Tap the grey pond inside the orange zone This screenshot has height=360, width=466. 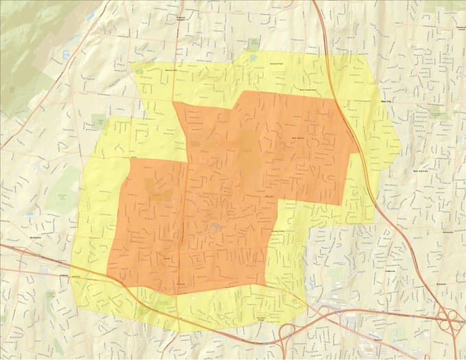pyautogui.click(x=216, y=226)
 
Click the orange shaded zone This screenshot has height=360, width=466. pyautogui.click(x=206, y=192)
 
